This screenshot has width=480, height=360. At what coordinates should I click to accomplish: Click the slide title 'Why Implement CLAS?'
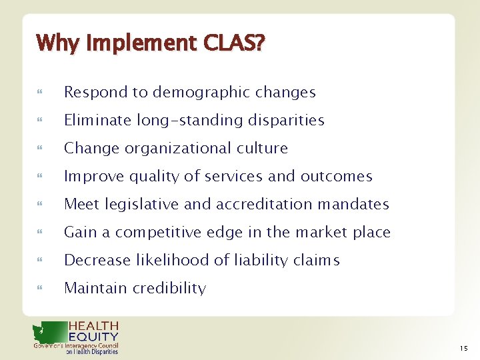(150, 43)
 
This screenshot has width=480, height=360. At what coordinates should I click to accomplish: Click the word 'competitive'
(158, 233)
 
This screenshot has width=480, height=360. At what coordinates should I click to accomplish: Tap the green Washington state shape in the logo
(49, 332)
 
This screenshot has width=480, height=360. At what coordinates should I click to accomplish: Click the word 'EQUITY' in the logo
(93, 337)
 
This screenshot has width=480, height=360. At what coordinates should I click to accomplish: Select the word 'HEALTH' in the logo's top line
(93, 327)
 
